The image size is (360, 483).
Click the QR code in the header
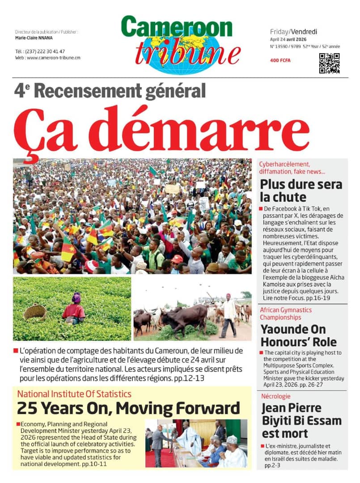329,63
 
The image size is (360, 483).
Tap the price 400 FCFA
280,60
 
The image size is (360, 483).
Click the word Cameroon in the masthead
177,28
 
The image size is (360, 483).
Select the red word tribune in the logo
188,53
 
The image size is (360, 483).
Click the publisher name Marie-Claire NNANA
34,38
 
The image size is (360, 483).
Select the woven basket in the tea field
35,312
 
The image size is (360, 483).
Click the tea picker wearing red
74,309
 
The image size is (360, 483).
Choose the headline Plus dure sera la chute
301,191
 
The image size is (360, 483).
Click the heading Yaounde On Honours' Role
299,335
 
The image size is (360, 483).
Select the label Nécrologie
275,396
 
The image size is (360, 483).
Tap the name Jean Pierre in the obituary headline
291,408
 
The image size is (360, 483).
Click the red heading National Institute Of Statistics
74,394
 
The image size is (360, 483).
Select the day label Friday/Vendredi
293,31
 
